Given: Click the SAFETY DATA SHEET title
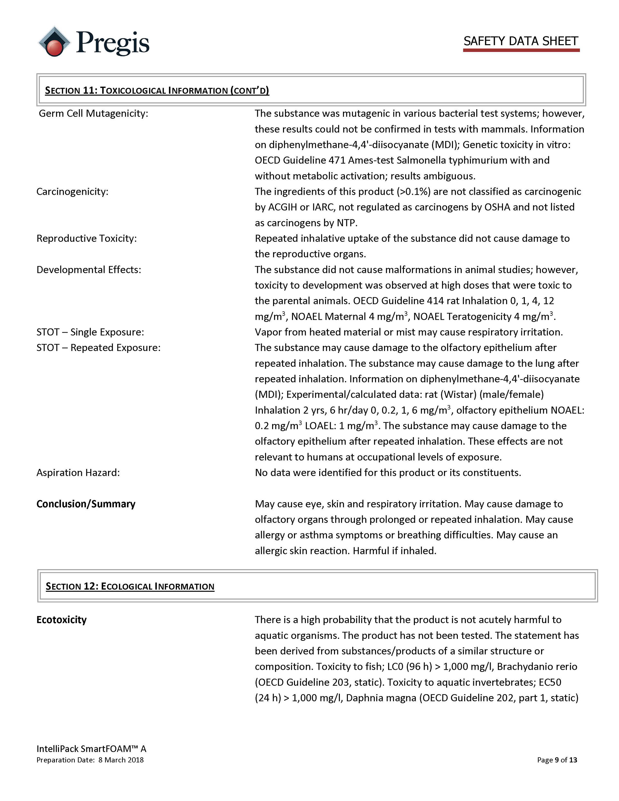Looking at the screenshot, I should [x=521, y=41].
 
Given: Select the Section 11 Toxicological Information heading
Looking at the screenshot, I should [x=157, y=90].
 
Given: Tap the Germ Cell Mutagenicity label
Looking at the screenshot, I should [x=93, y=113].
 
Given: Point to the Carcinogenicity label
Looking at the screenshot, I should [x=72, y=191].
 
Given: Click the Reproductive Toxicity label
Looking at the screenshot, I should [x=87, y=239].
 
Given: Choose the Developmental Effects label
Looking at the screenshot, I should [x=89, y=269].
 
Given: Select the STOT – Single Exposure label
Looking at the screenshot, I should [x=90, y=332].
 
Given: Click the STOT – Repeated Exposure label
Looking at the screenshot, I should [x=98, y=348].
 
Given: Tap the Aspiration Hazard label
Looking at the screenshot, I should [x=78, y=473].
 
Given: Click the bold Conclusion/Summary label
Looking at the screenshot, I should [x=86, y=504].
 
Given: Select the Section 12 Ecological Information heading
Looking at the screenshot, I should [x=130, y=586].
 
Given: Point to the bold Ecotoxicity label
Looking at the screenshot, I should [x=62, y=620].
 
